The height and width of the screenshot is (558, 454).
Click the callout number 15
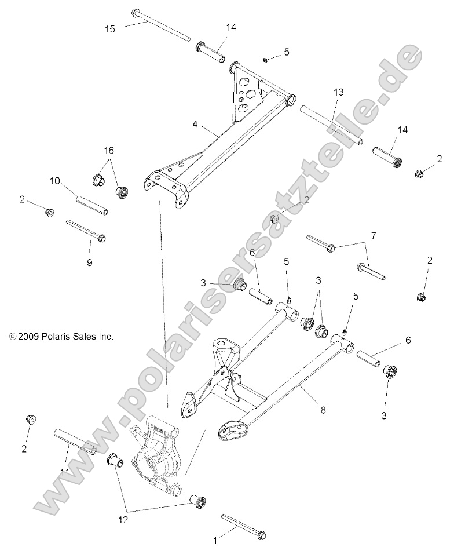(110, 28)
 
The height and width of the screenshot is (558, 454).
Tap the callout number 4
(195, 124)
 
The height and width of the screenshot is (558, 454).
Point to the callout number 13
(338, 92)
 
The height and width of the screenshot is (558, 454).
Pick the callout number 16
(109, 151)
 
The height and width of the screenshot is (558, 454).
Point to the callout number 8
(323, 410)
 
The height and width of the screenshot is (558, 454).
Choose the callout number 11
(64, 473)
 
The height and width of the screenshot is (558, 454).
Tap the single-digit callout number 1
(215, 540)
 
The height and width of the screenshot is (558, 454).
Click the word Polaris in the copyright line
(55, 336)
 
